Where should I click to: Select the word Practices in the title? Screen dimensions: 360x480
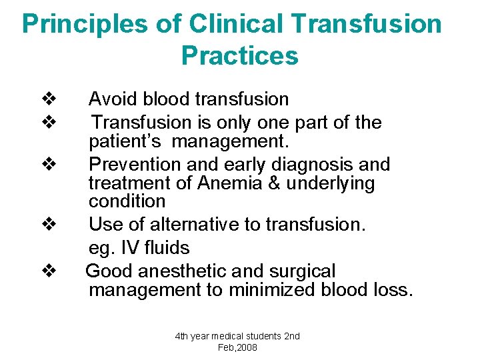239,55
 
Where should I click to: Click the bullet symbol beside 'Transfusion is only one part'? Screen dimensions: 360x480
48,123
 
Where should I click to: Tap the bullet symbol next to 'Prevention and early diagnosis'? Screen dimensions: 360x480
48,164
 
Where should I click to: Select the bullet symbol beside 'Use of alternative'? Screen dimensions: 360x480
48,224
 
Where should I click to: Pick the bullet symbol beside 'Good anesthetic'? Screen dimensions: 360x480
48,271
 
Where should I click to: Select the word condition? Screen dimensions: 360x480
127,201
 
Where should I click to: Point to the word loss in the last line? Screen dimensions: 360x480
395,290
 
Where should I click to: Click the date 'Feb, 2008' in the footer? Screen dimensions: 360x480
237,347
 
